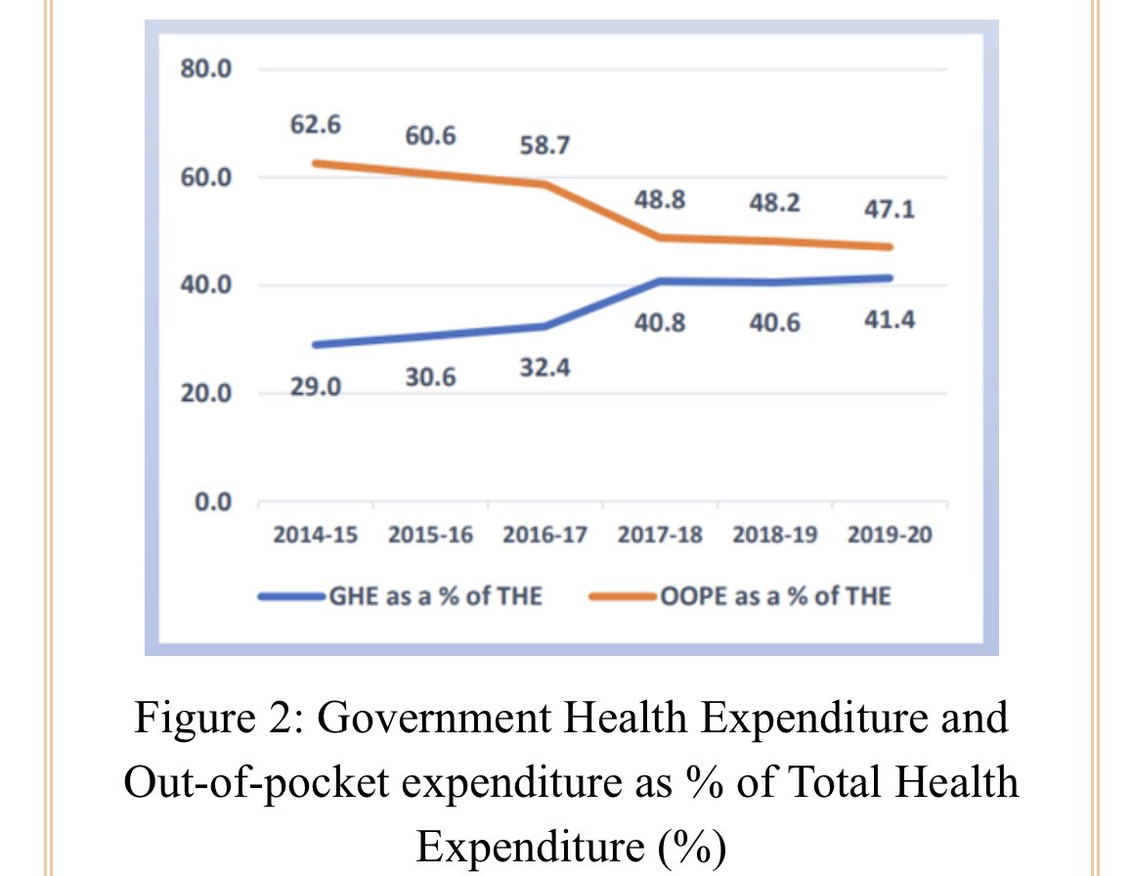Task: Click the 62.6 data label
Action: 316,126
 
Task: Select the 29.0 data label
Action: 316,387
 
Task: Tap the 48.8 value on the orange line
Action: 660,200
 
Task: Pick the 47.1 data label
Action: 890,210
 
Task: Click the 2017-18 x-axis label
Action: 660,537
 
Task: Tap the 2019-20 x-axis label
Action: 890,537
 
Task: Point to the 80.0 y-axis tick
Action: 203,70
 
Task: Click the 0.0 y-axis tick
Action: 210,503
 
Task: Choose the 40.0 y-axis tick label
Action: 203,285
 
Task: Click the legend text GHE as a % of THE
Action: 434,596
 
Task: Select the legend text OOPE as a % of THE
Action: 775,596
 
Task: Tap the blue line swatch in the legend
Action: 292,596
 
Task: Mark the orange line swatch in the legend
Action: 626,596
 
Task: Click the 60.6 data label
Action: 430,136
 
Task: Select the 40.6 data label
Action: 774,323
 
